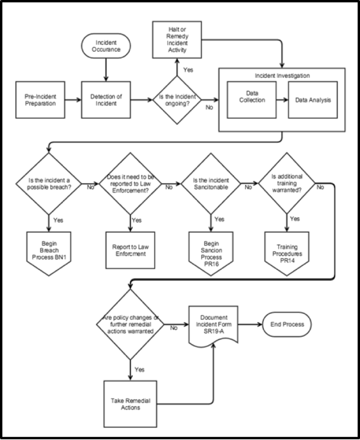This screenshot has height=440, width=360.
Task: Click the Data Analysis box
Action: click(x=309, y=100)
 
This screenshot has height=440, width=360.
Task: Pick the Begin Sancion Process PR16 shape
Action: click(x=211, y=248)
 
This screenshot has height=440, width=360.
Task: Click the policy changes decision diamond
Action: click(x=130, y=326)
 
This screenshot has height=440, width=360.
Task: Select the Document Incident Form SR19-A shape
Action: click(x=214, y=324)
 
